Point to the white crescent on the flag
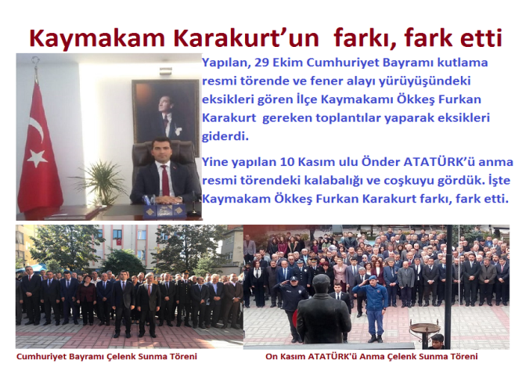point(36,128)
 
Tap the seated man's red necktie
point(165,180)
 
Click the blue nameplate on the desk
point(164,211)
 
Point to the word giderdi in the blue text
point(225,136)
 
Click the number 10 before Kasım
point(287,162)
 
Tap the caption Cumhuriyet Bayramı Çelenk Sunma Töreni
point(106,357)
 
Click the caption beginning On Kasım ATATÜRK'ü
point(371,357)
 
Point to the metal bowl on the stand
point(424,327)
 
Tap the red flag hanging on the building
point(119,242)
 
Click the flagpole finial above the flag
point(35,63)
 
